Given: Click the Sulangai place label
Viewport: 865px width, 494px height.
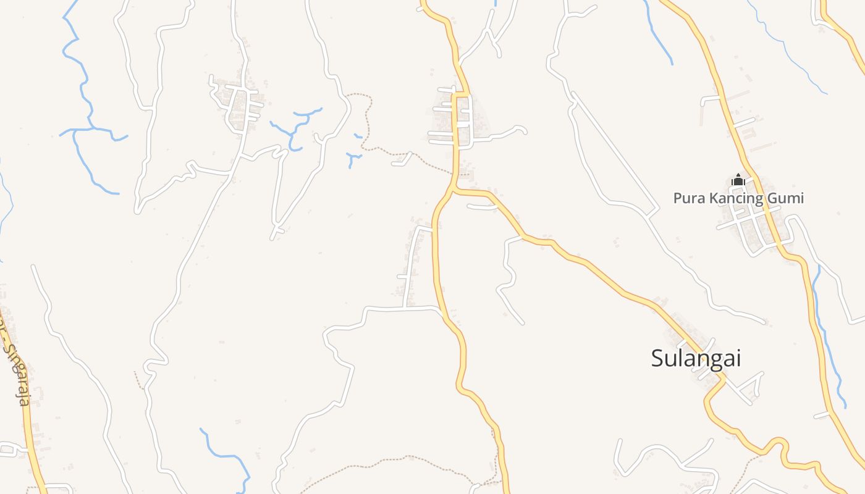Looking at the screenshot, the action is [x=696, y=358].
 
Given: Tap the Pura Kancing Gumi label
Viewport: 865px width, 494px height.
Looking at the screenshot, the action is [x=738, y=198].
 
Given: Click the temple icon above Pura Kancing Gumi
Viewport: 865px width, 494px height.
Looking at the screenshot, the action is [x=738, y=181].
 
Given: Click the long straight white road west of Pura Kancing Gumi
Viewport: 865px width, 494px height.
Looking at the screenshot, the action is [x=615, y=154].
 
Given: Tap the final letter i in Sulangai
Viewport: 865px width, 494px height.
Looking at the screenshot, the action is [x=737, y=358].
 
